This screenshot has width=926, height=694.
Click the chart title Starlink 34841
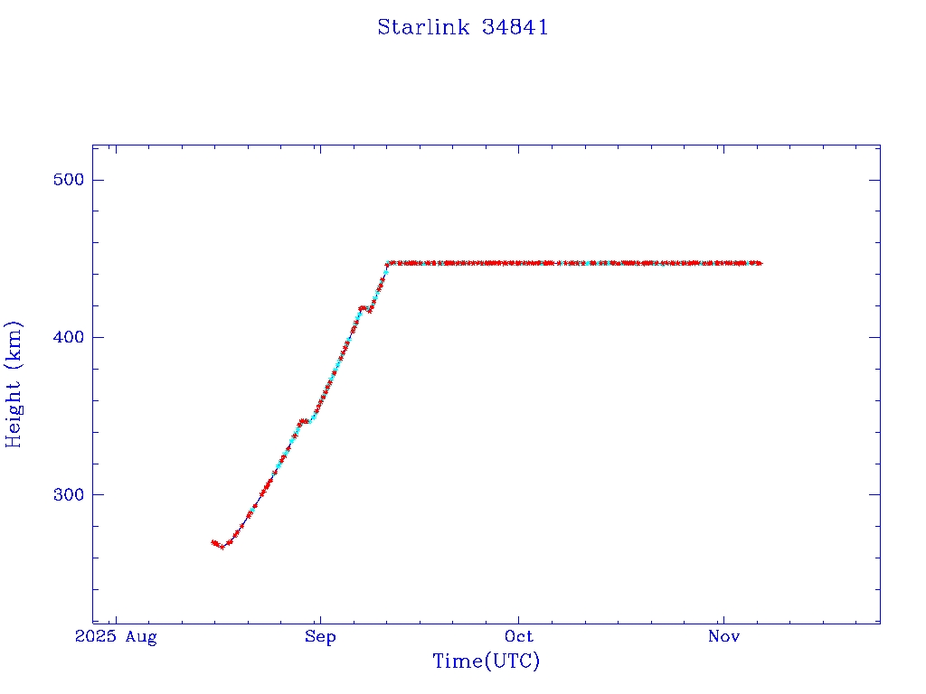coord(463,27)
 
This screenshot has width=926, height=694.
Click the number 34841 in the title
coord(515,27)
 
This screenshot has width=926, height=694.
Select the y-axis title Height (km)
coord(14,384)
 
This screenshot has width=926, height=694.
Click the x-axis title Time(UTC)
coord(487,661)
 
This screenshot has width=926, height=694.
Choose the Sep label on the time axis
coord(320,637)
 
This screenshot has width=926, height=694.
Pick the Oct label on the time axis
coord(519,637)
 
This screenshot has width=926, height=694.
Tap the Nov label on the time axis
coord(723,637)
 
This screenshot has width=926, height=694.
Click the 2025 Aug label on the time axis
coord(116,637)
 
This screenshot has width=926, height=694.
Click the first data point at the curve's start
coord(213,542)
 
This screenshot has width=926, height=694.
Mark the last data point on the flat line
coord(760,263)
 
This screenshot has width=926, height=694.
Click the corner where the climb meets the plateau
coord(388,264)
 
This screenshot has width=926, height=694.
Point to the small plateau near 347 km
coord(307,421)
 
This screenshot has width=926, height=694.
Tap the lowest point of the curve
coord(222,547)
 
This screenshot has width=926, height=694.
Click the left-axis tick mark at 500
coord(97,180)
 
